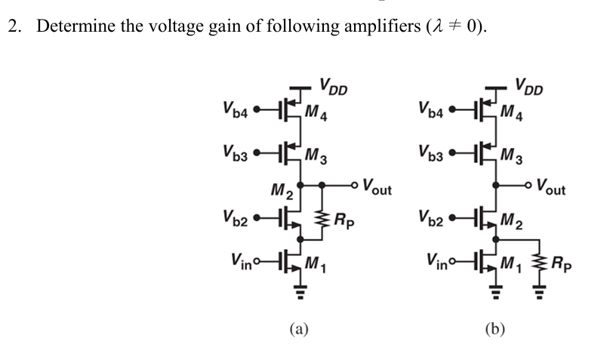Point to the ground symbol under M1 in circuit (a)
coord(302,295)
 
